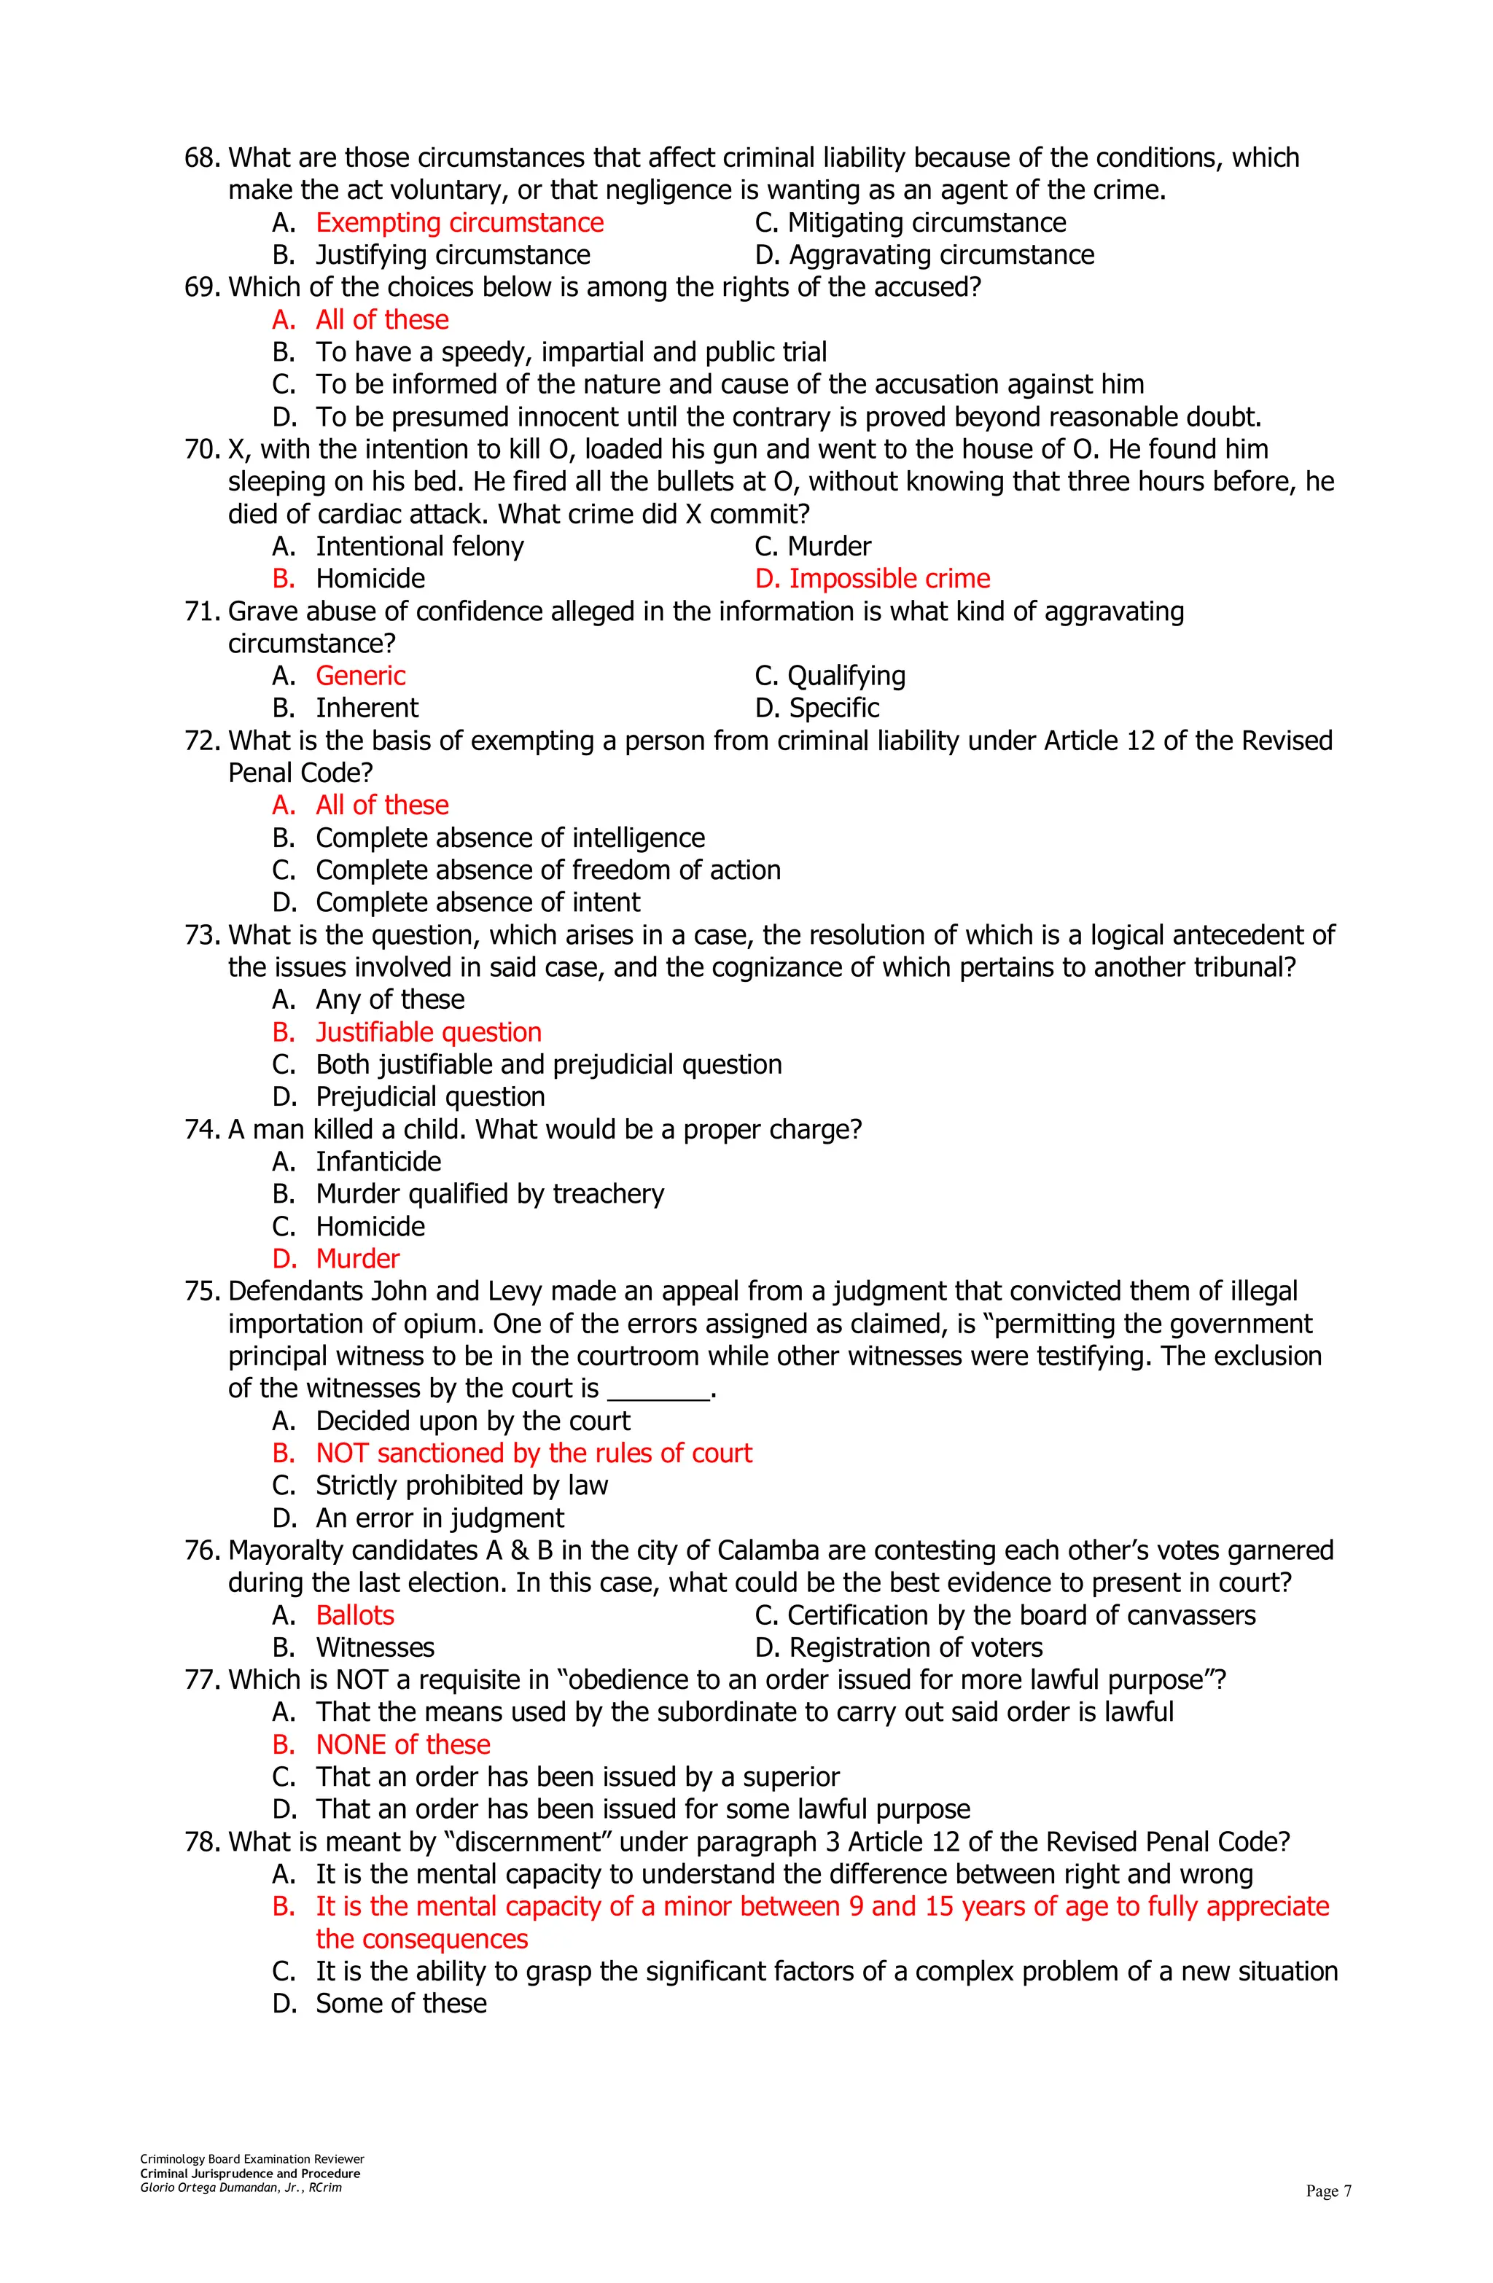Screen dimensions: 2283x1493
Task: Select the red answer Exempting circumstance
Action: click(459, 222)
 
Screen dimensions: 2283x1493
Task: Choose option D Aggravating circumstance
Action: click(923, 255)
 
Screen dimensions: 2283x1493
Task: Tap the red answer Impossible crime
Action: click(872, 579)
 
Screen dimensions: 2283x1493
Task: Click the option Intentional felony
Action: click(419, 547)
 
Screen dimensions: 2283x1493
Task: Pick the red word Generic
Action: click(360, 676)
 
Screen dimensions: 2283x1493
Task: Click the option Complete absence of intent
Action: click(477, 902)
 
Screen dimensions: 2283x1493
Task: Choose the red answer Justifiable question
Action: click(428, 1032)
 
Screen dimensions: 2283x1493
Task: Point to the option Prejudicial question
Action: click(430, 1096)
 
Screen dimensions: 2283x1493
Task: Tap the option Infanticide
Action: click(378, 1162)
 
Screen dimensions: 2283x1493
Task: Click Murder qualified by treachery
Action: click(489, 1194)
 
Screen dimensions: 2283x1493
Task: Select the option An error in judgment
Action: click(440, 1518)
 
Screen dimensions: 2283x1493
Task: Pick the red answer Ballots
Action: click(355, 1615)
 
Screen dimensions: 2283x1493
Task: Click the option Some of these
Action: click(401, 2004)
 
